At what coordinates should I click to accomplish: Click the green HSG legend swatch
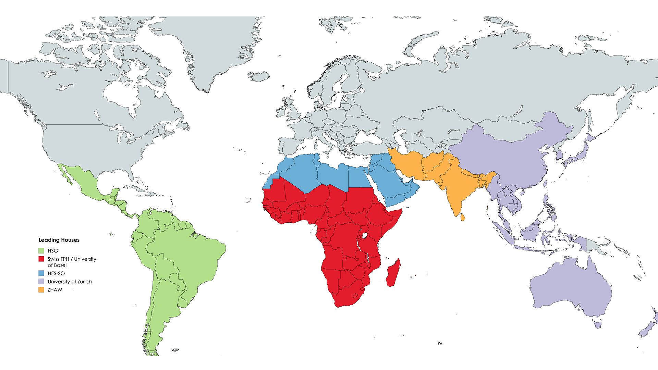click(41, 251)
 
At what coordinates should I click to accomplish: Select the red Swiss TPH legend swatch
click(41, 259)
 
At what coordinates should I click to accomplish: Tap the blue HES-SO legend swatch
click(41, 273)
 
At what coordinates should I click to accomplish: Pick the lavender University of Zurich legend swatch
click(41, 282)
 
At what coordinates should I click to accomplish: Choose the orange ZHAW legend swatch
click(41, 290)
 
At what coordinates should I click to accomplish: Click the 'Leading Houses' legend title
click(59, 240)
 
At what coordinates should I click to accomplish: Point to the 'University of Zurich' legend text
click(70, 282)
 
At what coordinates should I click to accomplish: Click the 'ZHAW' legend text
click(55, 290)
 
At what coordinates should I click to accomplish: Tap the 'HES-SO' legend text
click(56, 273)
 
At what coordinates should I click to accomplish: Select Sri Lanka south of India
click(462, 217)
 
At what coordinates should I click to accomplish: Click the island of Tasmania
click(598, 324)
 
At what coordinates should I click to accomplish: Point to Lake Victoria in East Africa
click(365, 236)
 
